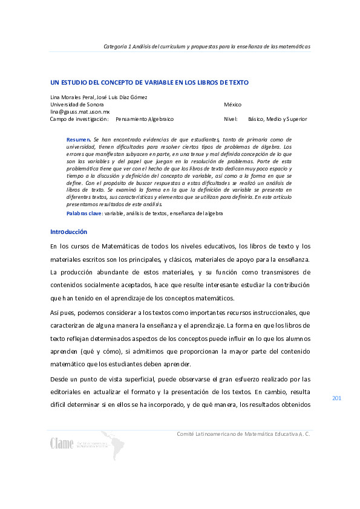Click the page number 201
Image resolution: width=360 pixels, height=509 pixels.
click(x=337, y=398)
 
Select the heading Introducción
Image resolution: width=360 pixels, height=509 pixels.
click(x=68, y=232)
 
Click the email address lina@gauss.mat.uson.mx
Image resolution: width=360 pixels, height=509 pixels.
click(x=80, y=112)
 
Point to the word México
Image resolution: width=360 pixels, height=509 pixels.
click(x=232, y=105)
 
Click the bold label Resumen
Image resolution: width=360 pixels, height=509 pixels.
click(x=78, y=140)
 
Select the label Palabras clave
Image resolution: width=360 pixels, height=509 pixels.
click(x=84, y=213)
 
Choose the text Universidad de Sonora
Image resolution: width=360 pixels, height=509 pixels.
click(x=76, y=105)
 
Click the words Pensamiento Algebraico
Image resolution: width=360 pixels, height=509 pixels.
click(x=145, y=119)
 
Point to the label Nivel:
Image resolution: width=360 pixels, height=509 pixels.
click(x=231, y=119)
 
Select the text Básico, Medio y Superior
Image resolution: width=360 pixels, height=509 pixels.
click(x=273, y=119)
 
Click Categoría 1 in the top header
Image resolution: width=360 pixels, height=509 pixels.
click(x=118, y=46)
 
